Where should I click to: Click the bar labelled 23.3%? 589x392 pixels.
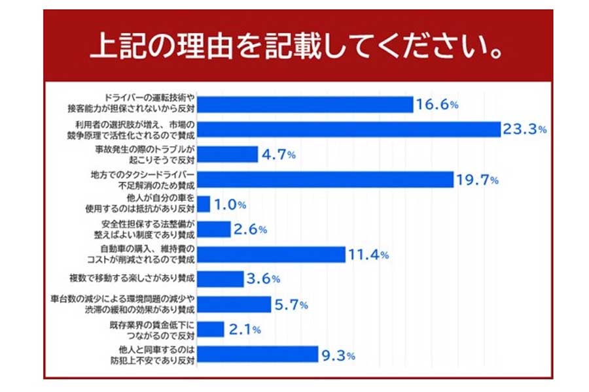point(348,129)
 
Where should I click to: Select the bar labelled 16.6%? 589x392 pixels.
point(304,105)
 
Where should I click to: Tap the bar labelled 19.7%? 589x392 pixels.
point(325,180)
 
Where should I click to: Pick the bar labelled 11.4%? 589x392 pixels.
point(271,255)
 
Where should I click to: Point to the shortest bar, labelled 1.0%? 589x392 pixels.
point(203,204)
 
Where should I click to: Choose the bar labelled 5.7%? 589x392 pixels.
point(234,304)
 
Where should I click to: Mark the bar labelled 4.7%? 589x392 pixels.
point(227,155)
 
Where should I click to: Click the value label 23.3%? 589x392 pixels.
point(524,129)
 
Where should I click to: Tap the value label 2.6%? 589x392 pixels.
point(252,229)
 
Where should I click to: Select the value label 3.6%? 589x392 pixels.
point(264,279)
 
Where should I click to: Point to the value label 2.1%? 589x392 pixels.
point(245,330)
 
